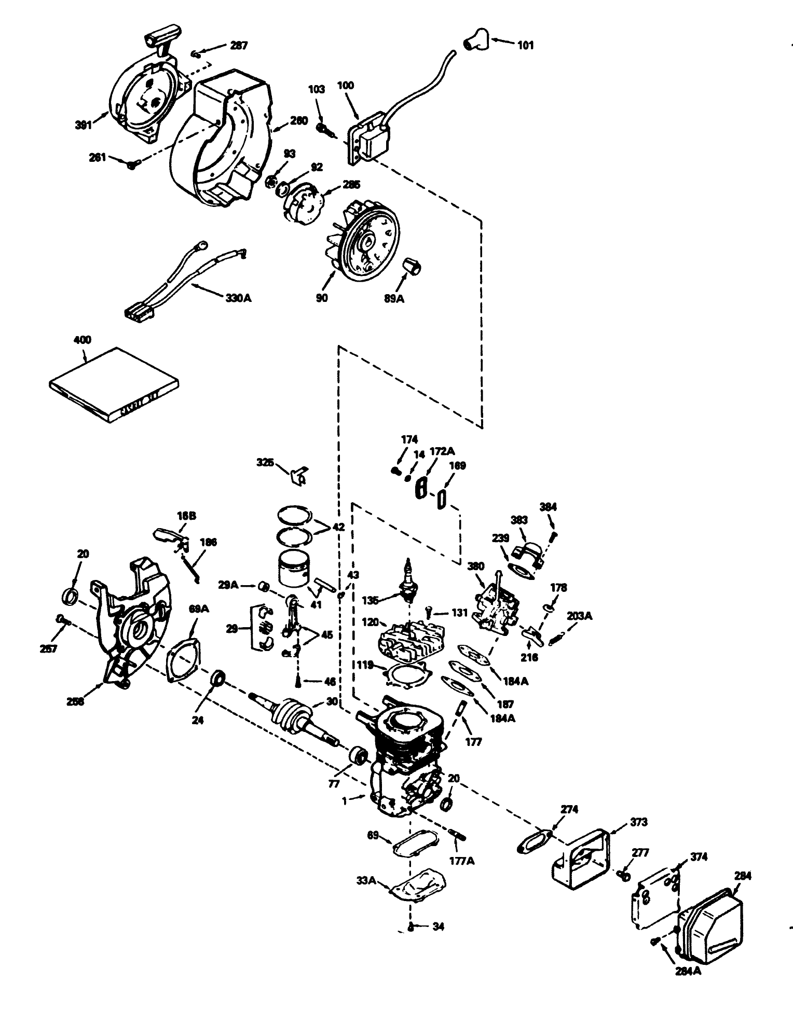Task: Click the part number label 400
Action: [x=83, y=340]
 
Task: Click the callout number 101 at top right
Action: [x=525, y=45]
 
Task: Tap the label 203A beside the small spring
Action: [x=580, y=616]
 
